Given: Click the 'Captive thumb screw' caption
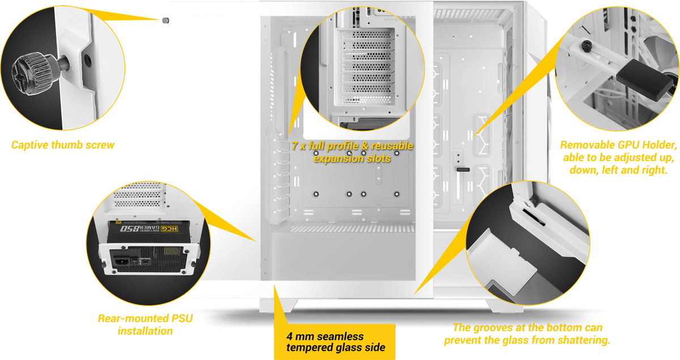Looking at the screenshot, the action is (63, 145).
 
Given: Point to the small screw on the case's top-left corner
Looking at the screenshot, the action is (165, 20).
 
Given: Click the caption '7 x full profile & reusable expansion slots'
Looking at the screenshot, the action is (352, 152).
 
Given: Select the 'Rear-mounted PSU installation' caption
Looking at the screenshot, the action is (146, 324).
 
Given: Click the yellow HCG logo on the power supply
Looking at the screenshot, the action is (169, 228).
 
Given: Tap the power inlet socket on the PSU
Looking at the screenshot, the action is (122, 261).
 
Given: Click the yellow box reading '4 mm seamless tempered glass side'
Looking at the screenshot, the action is (334, 342).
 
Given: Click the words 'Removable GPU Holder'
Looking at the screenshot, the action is (618, 145).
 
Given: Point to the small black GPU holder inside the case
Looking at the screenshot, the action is (464, 170).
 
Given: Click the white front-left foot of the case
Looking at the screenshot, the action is (278, 306).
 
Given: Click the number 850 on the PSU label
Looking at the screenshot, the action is (130, 228).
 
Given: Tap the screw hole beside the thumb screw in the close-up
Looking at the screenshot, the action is (87, 61).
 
